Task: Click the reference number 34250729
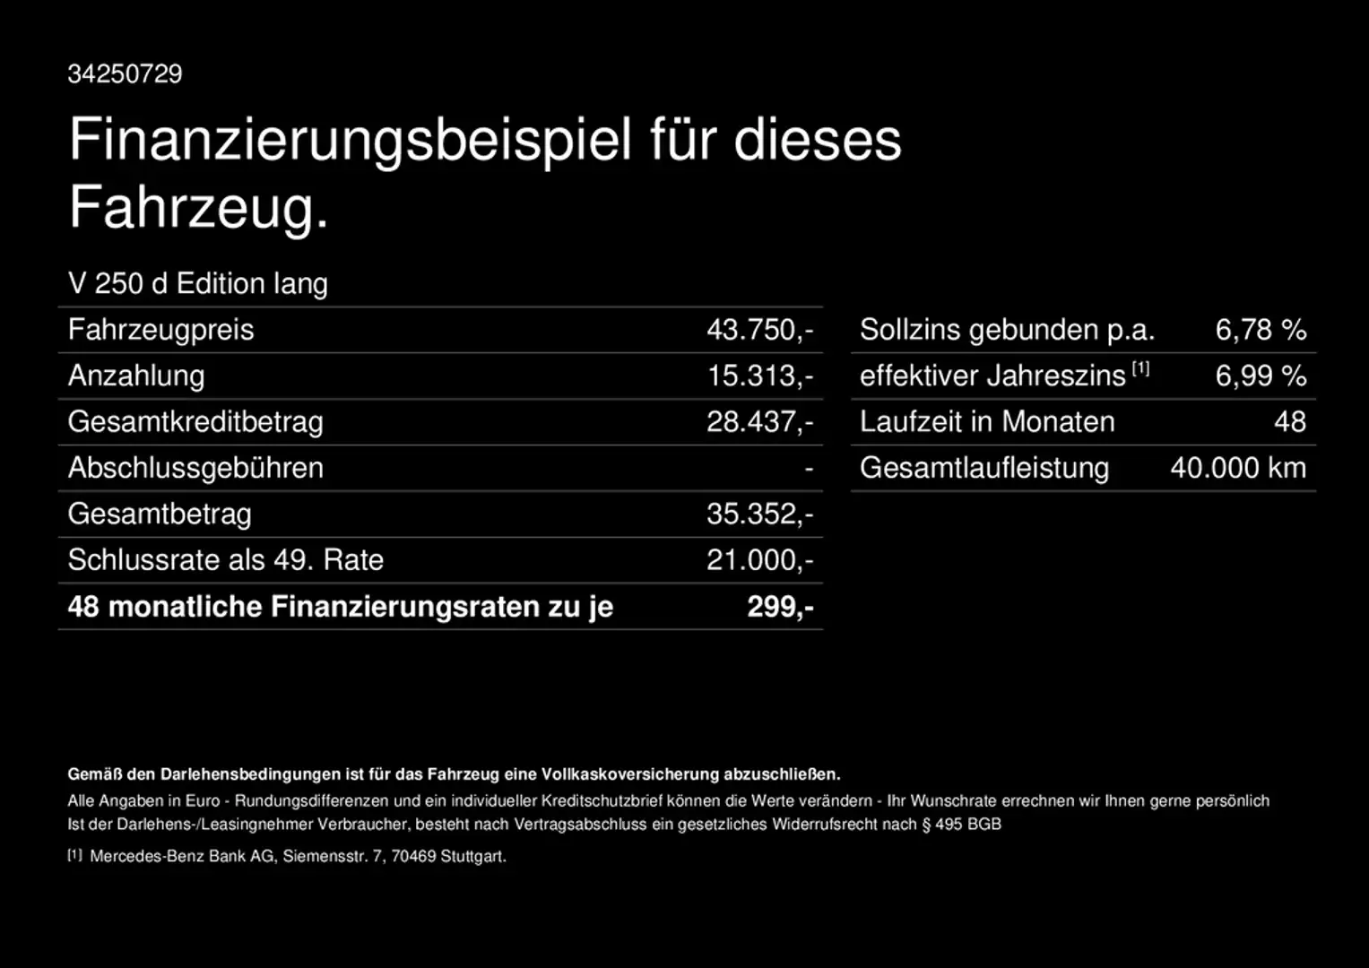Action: [x=125, y=73]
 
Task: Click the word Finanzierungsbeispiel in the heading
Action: [x=351, y=140]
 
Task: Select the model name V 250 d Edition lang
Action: [x=197, y=283]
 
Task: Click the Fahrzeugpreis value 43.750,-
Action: [x=759, y=330]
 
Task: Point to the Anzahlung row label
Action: [x=136, y=376]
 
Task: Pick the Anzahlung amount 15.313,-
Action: [x=759, y=376]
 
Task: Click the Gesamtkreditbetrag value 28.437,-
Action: [x=759, y=421]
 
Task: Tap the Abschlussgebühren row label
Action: [x=195, y=468]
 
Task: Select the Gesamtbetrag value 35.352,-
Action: [x=759, y=514]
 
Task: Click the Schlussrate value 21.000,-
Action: [x=759, y=560]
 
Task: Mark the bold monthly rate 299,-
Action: [x=780, y=607]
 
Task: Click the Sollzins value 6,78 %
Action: [x=1261, y=330]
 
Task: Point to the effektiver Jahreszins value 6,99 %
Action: [x=1261, y=376]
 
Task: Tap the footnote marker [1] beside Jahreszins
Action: [x=1140, y=367]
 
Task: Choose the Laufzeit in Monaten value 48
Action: [x=1290, y=421]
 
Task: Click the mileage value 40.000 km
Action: [x=1238, y=468]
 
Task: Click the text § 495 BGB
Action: [x=962, y=824]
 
